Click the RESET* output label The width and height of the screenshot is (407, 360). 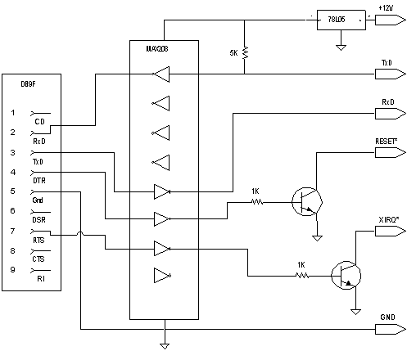[x=387, y=141]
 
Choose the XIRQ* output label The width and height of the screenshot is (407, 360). [x=388, y=220]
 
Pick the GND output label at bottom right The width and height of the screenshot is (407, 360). [x=387, y=317]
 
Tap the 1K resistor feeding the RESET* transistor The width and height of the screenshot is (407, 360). [x=256, y=200]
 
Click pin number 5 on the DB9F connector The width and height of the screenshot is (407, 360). [x=12, y=191]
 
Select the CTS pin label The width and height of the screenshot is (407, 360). [x=39, y=259]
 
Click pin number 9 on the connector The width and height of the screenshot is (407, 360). [x=12, y=269]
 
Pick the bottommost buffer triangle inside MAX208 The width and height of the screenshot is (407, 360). [x=162, y=275]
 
